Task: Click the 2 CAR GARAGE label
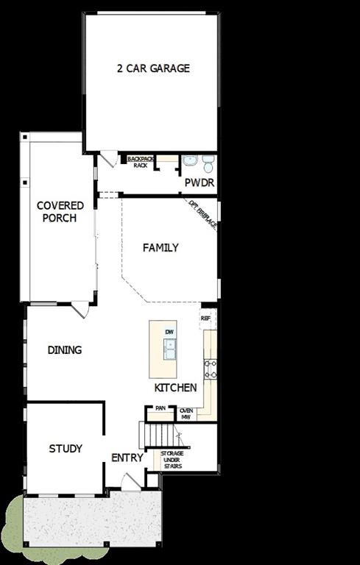tap(153, 68)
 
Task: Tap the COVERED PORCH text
tap(60, 212)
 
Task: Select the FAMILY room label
tap(160, 248)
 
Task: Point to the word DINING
tap(65, 350)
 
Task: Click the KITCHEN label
tap(175, 388)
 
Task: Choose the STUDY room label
tap(66, 448)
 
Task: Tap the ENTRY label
tap(127, 458)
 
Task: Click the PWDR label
tap(199, 182)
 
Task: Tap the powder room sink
tap(190, 160)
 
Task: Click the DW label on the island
tap(170, 333)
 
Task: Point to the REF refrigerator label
tap(205, 319)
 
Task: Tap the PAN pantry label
tap(160, 408)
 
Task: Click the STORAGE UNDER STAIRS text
tap(172, 460)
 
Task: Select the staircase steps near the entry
tap(157, 436)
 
